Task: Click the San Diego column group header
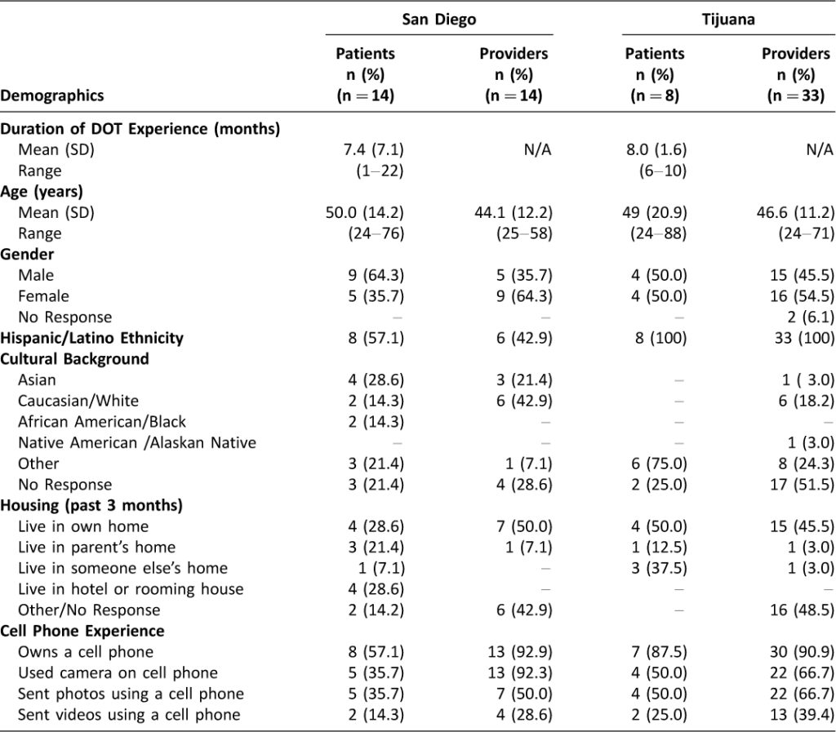click(438, 20)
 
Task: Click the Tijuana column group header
click(727, 20)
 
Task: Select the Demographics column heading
click(52, 96)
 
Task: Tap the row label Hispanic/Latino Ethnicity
click(91, 339)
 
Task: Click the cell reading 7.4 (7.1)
click(373, 149)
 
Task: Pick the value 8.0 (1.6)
click(656, 149)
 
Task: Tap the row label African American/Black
click(102, 422)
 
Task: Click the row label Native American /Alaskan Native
click(137, 443)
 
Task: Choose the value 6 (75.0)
click(659, 464)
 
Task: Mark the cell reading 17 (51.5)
click(802, 485)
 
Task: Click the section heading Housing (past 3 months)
click(91, 506)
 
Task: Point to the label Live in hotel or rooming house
click(131, 589)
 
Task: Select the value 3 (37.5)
click(659, 569)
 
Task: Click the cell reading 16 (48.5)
click(802, 610)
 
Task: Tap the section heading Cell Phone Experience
click(82, 632)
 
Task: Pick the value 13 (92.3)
click(520, 673)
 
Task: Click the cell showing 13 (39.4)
click(802, 714)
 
